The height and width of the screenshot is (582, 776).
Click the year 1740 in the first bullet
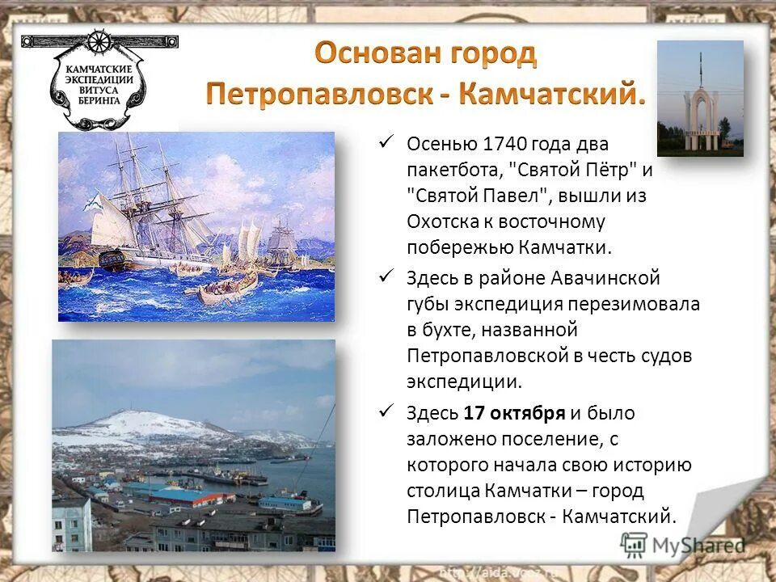point(505,144)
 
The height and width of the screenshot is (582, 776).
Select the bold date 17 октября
point(514,413)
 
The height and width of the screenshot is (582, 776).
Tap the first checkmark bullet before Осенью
point(386,143)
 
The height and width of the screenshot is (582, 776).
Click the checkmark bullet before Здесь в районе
point(386,277)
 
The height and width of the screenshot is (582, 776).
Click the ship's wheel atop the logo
point(99,41)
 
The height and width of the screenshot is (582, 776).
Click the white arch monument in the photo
point(700,117)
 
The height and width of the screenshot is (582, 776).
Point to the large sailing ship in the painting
point(145,210)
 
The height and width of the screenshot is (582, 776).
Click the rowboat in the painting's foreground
point(228,288)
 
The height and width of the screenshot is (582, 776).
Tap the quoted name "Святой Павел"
point(477,196)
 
